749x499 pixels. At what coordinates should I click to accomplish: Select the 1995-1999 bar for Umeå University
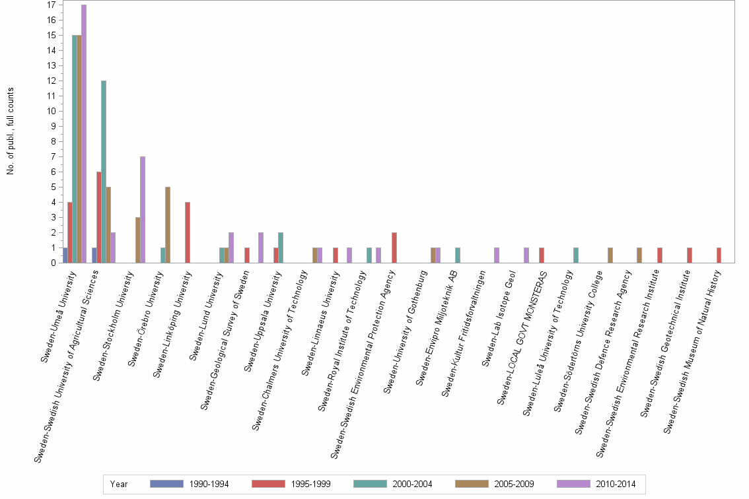[x=69, y=232]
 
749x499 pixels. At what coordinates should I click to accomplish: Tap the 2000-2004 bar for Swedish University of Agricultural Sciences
[x=104, y=172]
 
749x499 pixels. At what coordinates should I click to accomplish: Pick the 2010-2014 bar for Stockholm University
[x=143, y=210]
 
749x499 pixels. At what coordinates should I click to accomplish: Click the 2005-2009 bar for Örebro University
[x=168, y=225]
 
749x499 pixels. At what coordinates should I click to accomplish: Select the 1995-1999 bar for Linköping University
[x=188, y=232]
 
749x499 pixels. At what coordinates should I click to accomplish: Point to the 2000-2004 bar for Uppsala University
[x=281, y=248]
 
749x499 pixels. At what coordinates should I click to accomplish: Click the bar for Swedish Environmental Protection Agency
[x=394, y=248]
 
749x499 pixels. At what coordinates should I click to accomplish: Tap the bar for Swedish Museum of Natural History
[x=719, y=255]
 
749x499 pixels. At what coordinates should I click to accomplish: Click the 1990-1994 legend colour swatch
[x=166, y=484]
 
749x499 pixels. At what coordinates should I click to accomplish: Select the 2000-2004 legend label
[x=413, y=484]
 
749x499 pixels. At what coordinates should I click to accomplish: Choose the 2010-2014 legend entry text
[x=616, y=484]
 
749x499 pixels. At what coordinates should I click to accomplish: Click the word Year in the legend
[x=119, y=484]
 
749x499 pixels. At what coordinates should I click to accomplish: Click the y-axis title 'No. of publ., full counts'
[x=11, y=131]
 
